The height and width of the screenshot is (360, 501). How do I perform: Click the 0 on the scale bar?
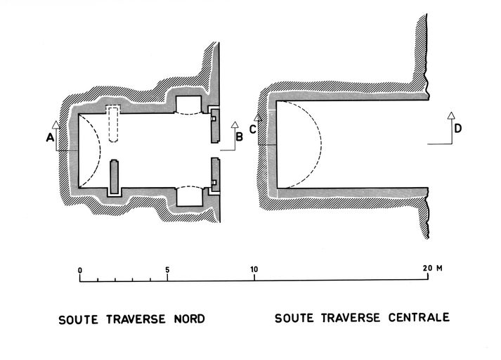81,269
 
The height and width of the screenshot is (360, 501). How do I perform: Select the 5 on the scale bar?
167,269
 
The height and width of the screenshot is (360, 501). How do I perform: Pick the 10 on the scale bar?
254,269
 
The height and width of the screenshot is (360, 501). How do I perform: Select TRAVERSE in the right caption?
348,318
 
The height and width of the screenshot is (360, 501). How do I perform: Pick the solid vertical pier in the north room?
113,178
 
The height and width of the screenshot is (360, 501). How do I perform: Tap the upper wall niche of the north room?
188,105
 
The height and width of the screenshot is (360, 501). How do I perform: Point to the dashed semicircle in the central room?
302,146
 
